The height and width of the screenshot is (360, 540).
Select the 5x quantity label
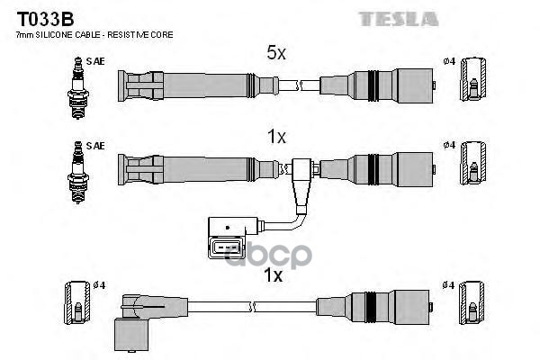[275, 53]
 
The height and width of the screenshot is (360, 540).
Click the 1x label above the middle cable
[275, 138]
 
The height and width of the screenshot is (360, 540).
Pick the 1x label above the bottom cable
[274, 275]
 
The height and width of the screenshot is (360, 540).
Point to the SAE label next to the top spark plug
[94, 61]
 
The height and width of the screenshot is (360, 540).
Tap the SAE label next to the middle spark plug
[94, 145]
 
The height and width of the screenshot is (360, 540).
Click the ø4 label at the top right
[450, 61]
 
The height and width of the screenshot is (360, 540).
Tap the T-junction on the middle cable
[300, 170]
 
